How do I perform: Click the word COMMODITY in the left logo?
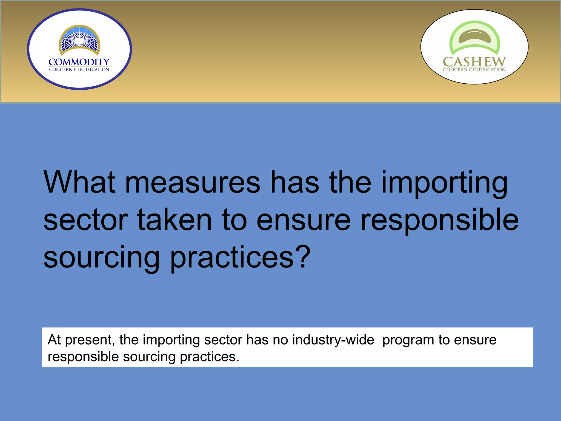79,62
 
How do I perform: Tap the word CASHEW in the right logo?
474,62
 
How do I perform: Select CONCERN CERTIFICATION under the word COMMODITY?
79,70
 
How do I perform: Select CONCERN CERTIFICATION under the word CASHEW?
474,70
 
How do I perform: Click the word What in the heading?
79,182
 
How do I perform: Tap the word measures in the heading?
193,182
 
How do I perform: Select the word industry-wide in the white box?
333,340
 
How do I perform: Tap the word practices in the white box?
209,357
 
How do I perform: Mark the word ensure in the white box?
475,340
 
